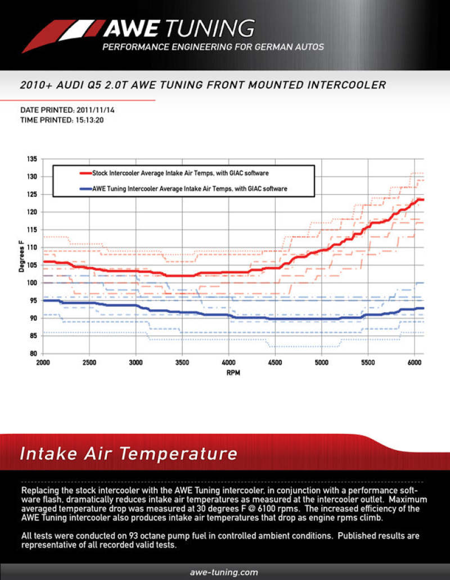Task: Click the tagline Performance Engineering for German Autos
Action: click(x=213, y=47)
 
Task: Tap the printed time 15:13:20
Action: click(x=92, y=120)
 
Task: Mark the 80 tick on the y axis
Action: click(x=33, y=354)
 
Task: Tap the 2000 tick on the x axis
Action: click(x=43, y=363)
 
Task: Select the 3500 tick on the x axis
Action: click(x=182, y=363)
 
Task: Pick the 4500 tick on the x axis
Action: click(x=275, y=363)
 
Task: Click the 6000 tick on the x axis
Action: click(x=414, y=363)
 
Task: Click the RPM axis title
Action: click(x=233, y=372)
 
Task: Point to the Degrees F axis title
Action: click(x=21, y=257)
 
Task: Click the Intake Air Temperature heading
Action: click(x=128, y=453)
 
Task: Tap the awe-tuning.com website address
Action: click(x=224, y=572)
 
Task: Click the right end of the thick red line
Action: click(x=423, y=200)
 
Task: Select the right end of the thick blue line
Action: click(x=423, y=308)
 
